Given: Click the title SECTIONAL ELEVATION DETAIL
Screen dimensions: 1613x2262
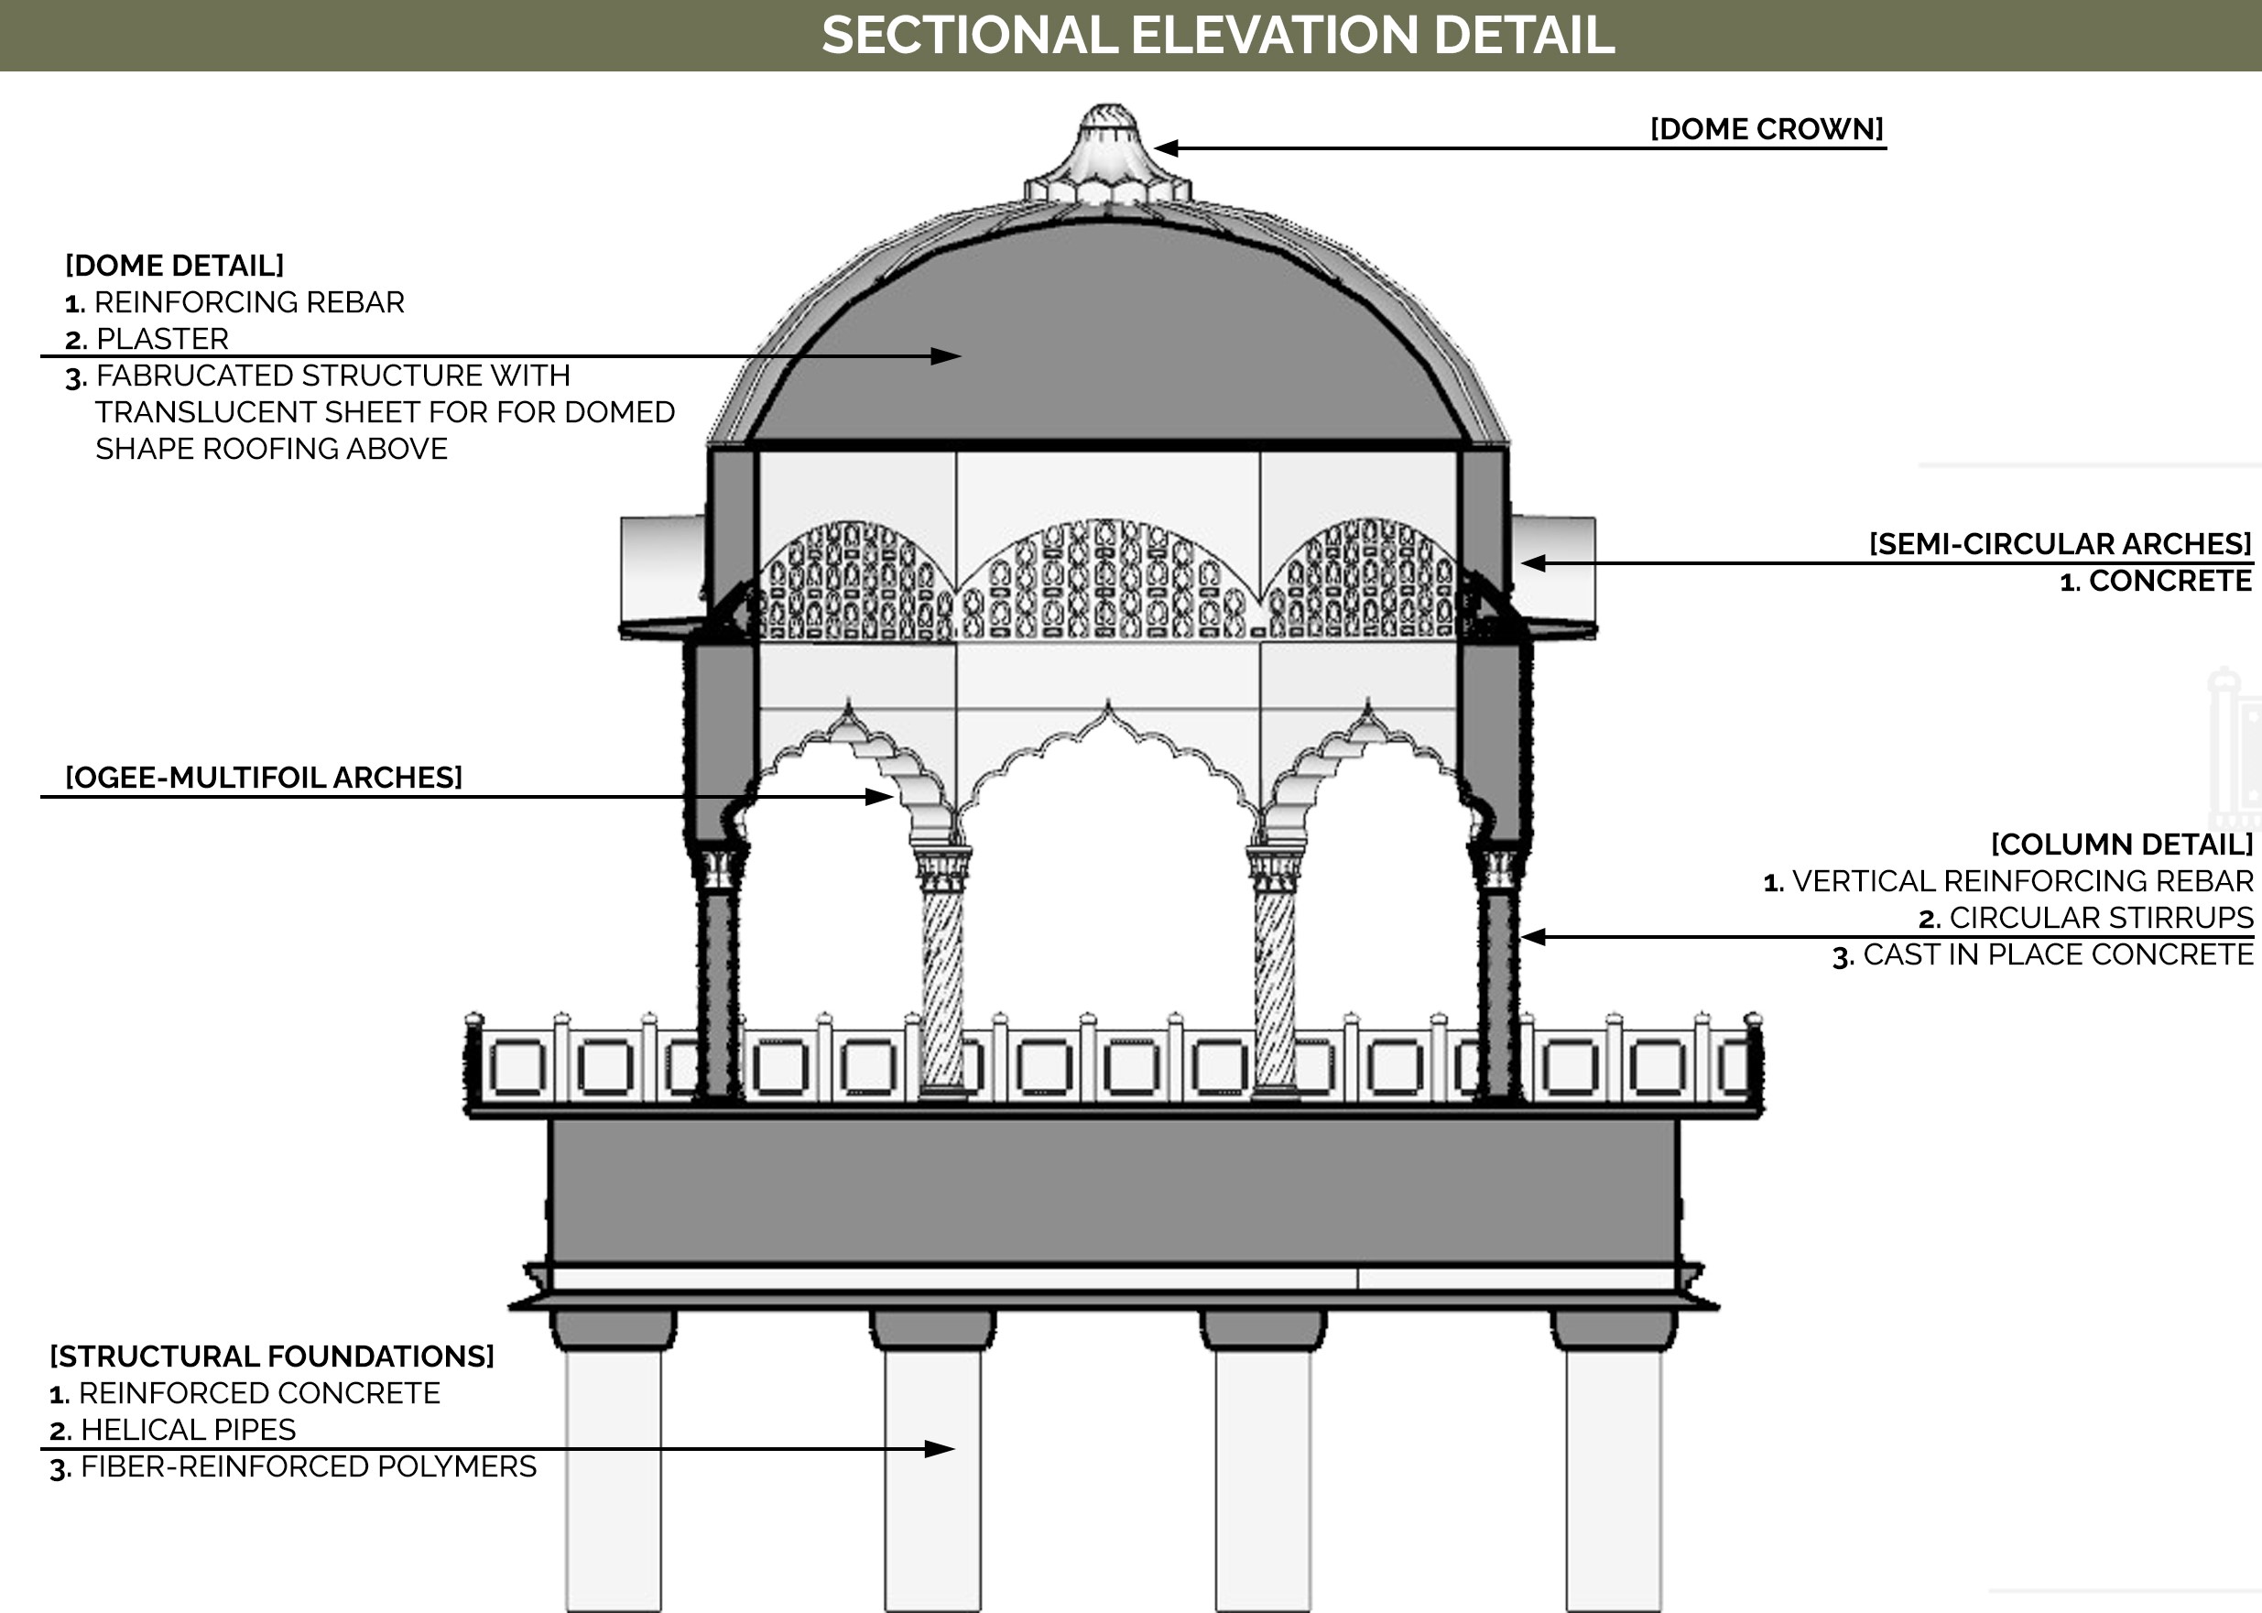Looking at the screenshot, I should pyautogui.click(x=1217, y=36).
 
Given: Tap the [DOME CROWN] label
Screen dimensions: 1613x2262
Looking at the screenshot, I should pyautogui.click(x=1766, y=129).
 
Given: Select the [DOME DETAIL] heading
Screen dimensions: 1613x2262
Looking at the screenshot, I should pyautogui.click(x=175, y=266).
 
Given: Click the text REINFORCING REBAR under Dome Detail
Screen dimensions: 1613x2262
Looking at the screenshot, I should pyautogui.click(x=248, y=302).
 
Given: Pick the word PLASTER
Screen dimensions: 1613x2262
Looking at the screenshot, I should pyautogui.click(x=162, y=339).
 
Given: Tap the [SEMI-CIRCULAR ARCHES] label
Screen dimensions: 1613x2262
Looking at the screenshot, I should pyautogui.click(x=2060, y=544).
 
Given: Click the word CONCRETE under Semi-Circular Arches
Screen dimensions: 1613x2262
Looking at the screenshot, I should pyautogui.click(x=2170, y=581).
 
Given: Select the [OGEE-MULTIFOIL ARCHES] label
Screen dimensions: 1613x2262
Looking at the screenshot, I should pyautogui.click(x=264, y=778).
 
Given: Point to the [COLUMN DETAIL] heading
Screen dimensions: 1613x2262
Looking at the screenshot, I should pyautogui.click(x=2121, y=845).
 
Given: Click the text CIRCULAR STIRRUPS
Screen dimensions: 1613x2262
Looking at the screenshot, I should pyautogui.click(x=2100, y=918).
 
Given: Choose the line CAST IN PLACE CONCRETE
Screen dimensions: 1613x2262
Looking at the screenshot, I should pyautogui.click(x=2057, y=954).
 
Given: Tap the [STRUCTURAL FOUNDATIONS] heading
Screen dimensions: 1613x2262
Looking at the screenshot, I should pyautogui.click(x=272, y=1357).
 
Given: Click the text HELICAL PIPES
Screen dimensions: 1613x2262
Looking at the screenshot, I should pyautogui.click(x=188, y=1430).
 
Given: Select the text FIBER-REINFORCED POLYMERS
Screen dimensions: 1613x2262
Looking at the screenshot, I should pyautogui.click(x=308, y=1467).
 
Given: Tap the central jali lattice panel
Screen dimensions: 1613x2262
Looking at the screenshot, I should pyautogui.click(x=1107, y=581).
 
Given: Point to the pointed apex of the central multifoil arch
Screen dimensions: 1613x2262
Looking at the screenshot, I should pyautogui.click(x=1108, y=705).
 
